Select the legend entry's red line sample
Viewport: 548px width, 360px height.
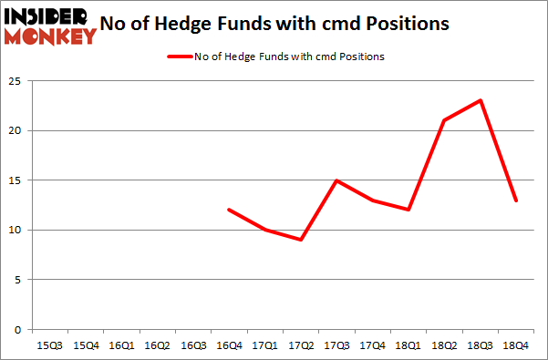click(x=179, y=57)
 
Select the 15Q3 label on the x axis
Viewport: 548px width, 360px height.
click(x=51, y=345)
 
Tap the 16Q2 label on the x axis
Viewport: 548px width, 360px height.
click(x=157, y=345)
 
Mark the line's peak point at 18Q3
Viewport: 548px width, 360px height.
click(x=480, y=100)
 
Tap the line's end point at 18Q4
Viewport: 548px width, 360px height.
click(x=515, y=200)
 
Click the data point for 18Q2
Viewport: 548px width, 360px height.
click(x=445, y=120)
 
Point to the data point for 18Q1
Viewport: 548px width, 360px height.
click(x=409, y=210)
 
